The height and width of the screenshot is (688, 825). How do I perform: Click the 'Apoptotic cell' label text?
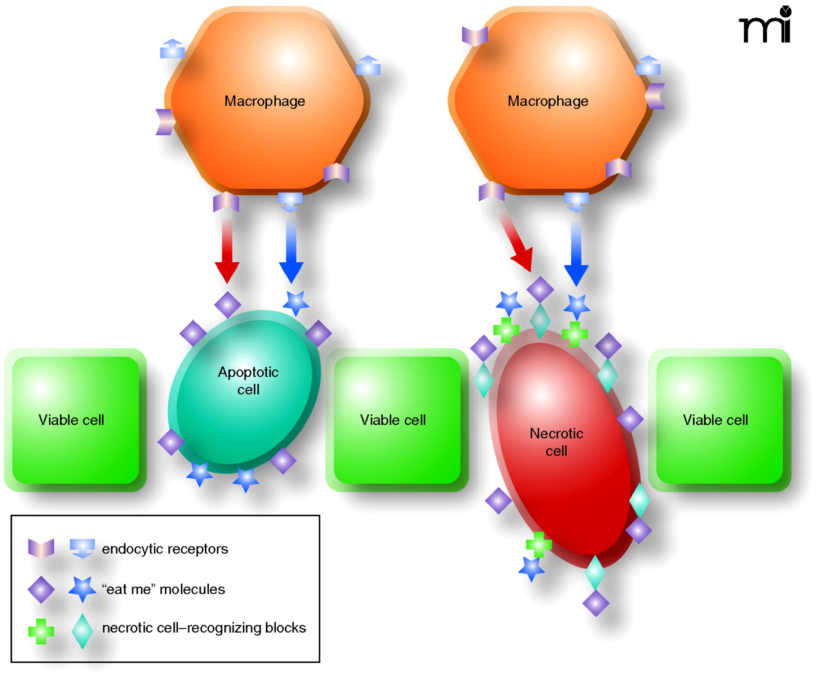[248, 381]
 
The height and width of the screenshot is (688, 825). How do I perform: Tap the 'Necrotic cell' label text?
[556, 442]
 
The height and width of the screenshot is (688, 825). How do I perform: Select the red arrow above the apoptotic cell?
[227, 248]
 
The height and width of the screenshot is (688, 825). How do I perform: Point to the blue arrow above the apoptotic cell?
[291, 248]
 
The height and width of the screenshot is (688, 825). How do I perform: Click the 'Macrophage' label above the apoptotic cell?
[264, 101]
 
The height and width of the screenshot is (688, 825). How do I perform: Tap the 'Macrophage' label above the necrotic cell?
[548, 101]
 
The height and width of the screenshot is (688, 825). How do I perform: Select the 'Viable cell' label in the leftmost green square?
[72, 420]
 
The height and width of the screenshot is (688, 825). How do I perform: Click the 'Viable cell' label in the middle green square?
[393, 420]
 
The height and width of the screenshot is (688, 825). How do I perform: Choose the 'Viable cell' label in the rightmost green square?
[715, 420]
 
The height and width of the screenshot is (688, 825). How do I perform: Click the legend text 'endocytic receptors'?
[165, 549]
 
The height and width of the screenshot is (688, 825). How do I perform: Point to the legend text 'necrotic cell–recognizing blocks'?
[204, 627]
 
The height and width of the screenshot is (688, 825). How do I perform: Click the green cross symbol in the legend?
[41, 631]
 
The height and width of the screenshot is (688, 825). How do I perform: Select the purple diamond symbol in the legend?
[41, 589]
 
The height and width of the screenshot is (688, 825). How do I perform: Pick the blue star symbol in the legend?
[82, 588]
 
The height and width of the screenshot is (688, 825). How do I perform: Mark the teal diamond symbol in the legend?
[82, 631]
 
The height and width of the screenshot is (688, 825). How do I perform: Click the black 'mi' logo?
[766, 26]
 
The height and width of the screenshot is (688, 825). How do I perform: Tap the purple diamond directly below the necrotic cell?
[596, 604]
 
